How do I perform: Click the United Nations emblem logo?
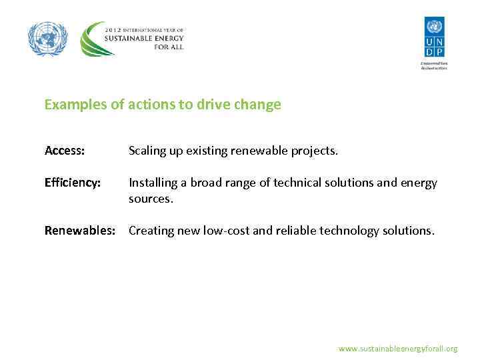click(48, 39)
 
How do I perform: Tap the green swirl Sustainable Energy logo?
click(93, 40)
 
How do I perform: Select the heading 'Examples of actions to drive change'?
click(163, 105)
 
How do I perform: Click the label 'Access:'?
click(65, 151)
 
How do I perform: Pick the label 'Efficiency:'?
click(73, 183)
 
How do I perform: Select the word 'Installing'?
click(153, 183)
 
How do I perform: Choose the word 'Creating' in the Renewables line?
click(151, 231)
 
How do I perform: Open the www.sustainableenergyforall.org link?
click(398, 349)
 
